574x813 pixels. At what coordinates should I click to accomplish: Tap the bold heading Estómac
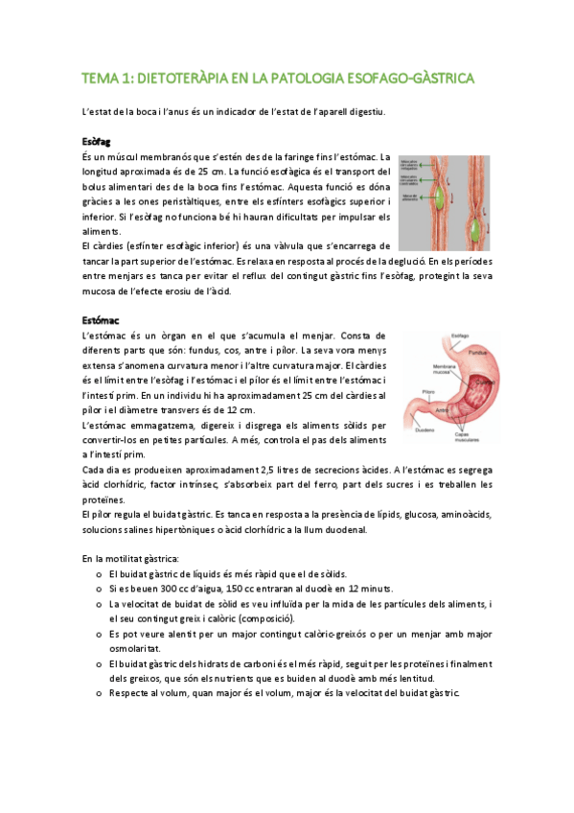tap(100, 320)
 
